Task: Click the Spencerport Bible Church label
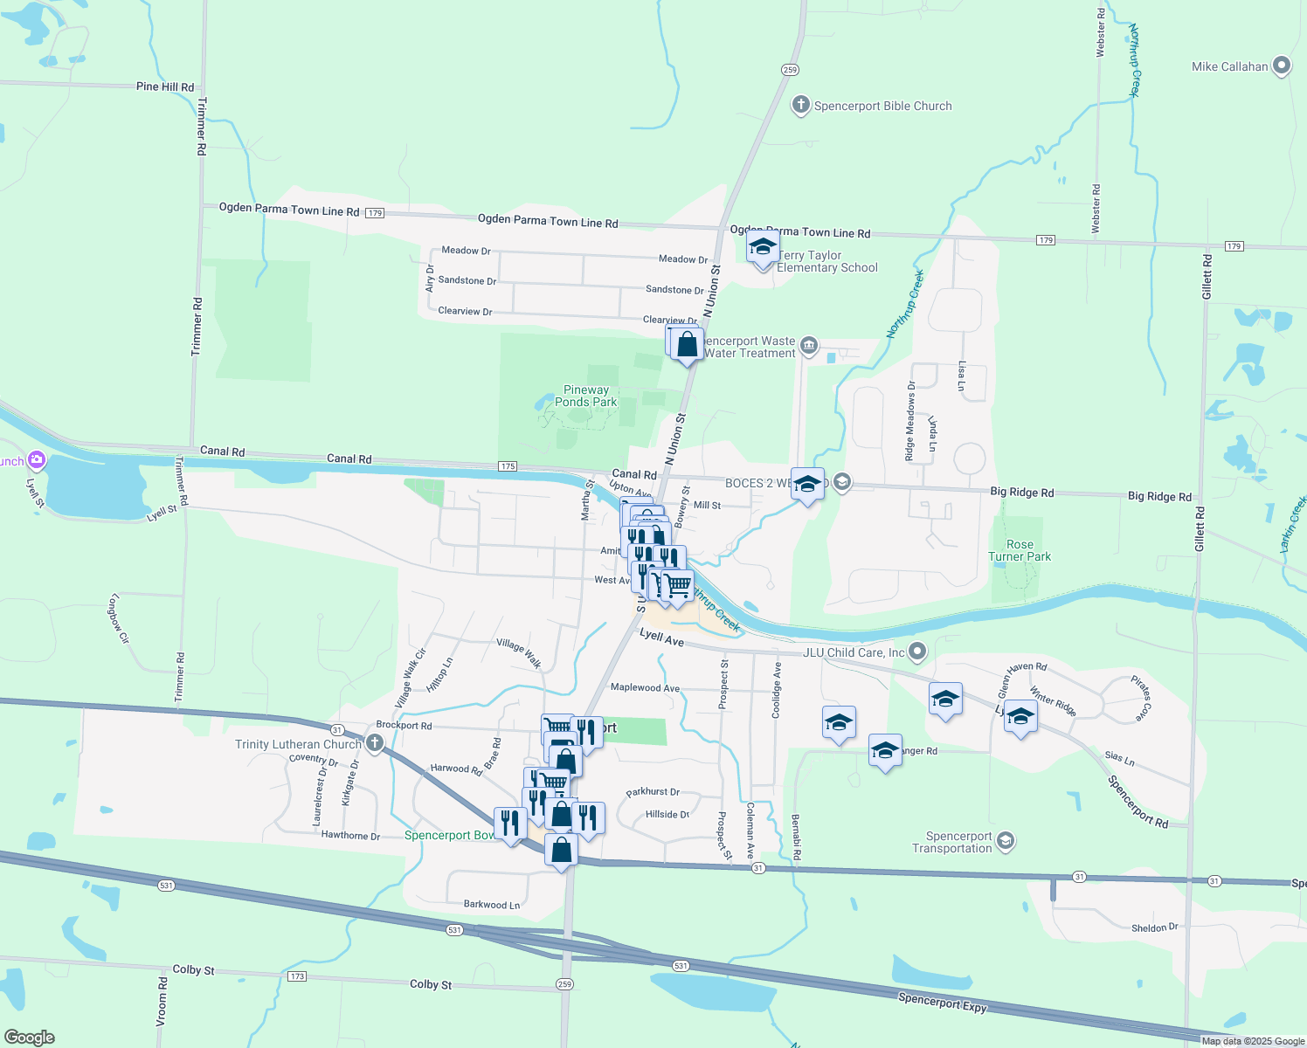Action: pyautogui.click(x=882, y=106)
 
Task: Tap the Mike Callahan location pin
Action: pyautogui.click(x=1282, y=65)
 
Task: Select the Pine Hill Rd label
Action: pyautogui.click(x=165, y=86)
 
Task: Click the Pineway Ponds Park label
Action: pyautogui.click(x=586, y=396)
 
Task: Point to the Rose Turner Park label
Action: pyautogui.click(x=1020, y=550)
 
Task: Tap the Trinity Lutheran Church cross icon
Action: pyautogui.click(x=375, y=743)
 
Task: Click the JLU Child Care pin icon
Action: pyautogui.click(x=916, y=651)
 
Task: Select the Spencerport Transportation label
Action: pyautogui.click(x=952, y=842)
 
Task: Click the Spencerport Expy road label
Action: pyautogui.click(x=942, y=1002)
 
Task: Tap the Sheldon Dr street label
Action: pyautogui.click(x=1154, y=927)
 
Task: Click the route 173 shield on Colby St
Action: pyautogui.click(x=297, y=976)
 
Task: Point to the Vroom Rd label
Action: pyautogui.click(x=162, y=1002)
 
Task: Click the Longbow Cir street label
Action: pyautogui.click(x=119, y=619)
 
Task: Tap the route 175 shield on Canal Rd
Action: pyautogui.click(x=508, y=466)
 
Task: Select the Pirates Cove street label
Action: pyautogui.click(x=1142, y=698)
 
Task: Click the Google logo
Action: pyautogui.click(x=30, y=1037)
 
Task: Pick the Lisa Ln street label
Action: pyautogui.click(x=961, y=376)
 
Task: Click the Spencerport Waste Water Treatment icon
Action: pyautogui.click(x=809, y=346)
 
